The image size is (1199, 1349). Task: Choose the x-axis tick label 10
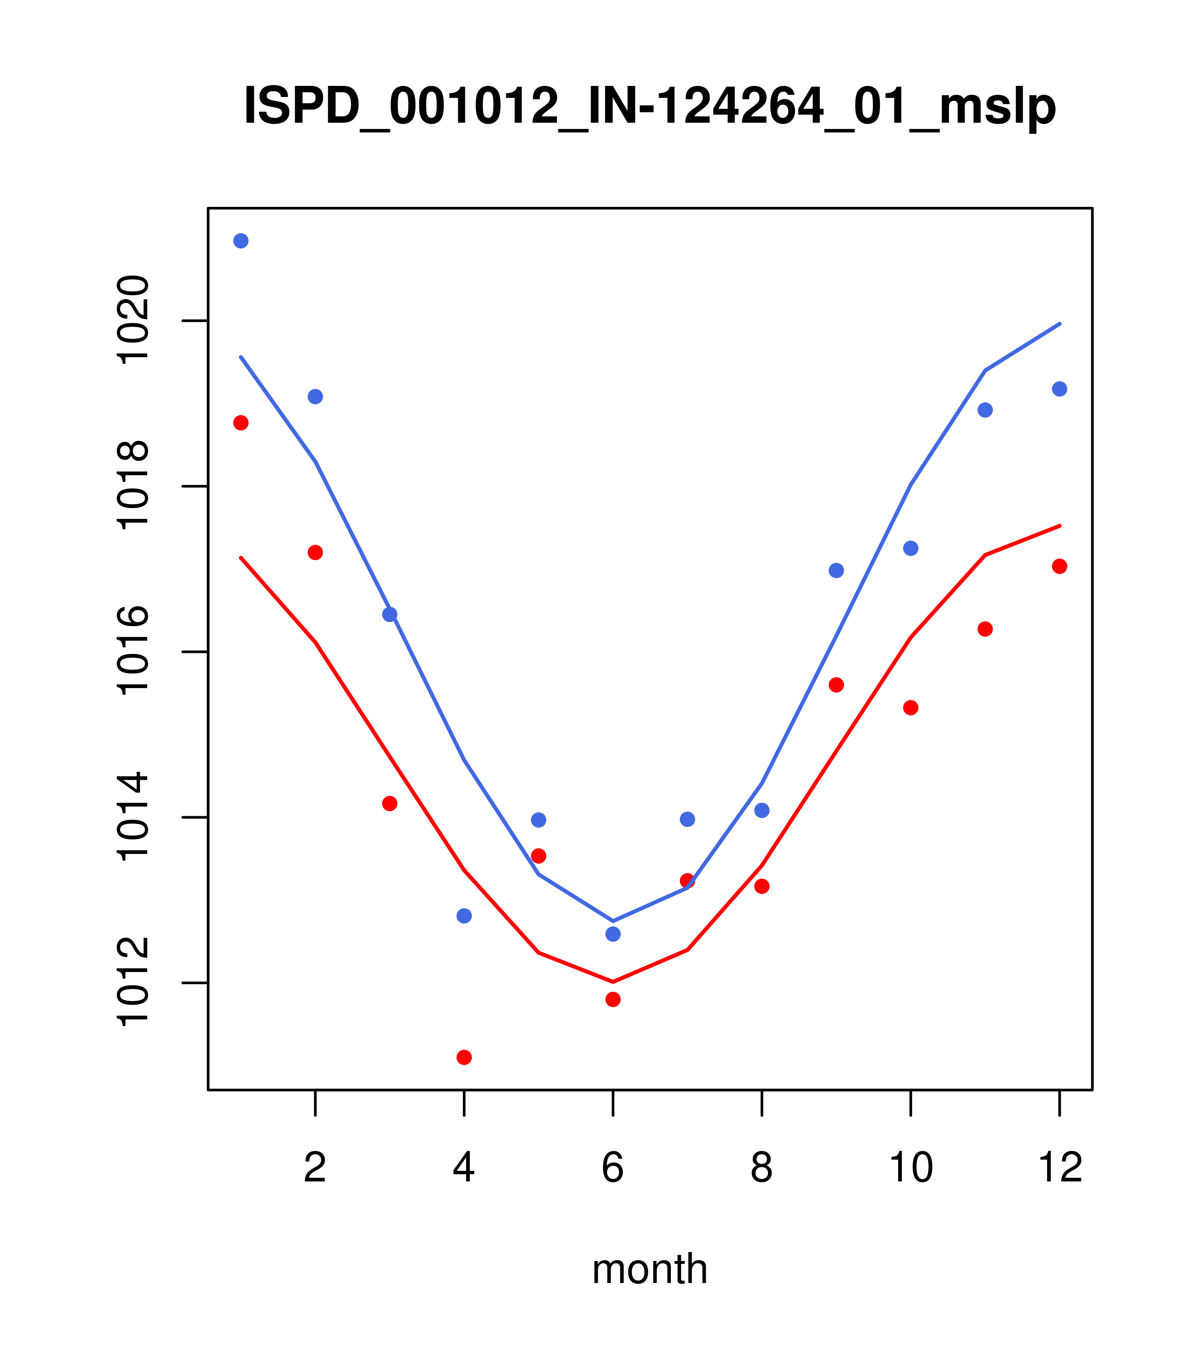[910, 1167]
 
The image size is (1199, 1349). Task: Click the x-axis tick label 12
[1060, 1167]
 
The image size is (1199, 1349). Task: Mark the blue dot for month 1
[241, 241]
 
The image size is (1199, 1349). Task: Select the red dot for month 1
[241, 422]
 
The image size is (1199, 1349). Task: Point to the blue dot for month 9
[836, 570]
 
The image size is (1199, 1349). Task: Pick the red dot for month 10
[910, 708]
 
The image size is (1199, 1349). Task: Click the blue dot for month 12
[1060, 389]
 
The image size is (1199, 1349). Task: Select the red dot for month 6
[613, 999]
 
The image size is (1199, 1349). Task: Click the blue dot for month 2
[316, 396]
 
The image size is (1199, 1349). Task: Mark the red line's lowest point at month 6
[613, 981]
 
